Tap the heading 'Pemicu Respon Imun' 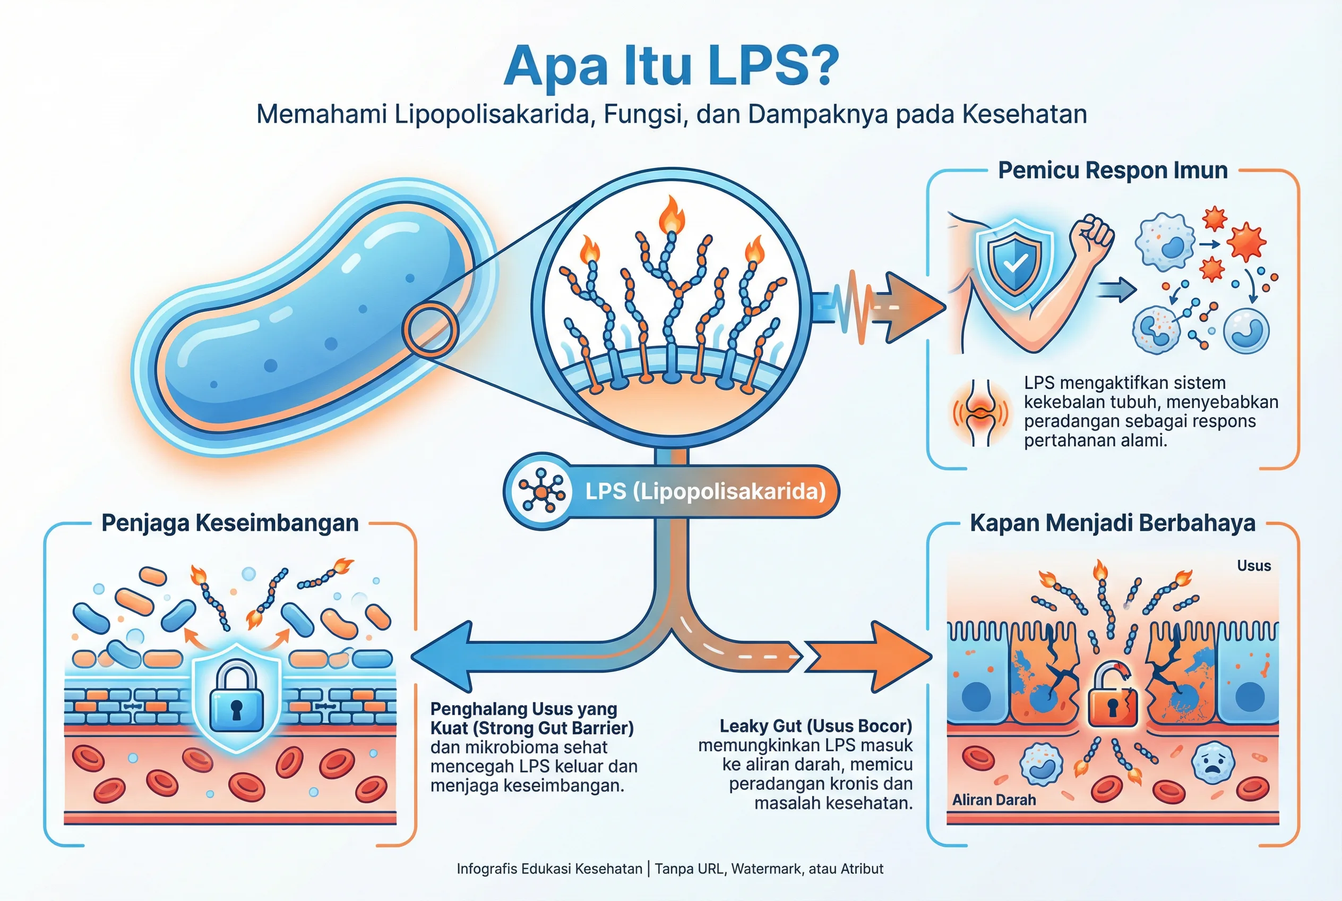tap(1112, 171)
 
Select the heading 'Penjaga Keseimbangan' tap(230, 523)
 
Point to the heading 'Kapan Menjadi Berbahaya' tap(1112, 523)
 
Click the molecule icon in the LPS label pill tap(541, 491)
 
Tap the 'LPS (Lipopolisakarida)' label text tap(705, 491)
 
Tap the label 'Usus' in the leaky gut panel tap(1253, 566)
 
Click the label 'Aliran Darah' tap(994, 800)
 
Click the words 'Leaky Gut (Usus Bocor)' tap(815, 726)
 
